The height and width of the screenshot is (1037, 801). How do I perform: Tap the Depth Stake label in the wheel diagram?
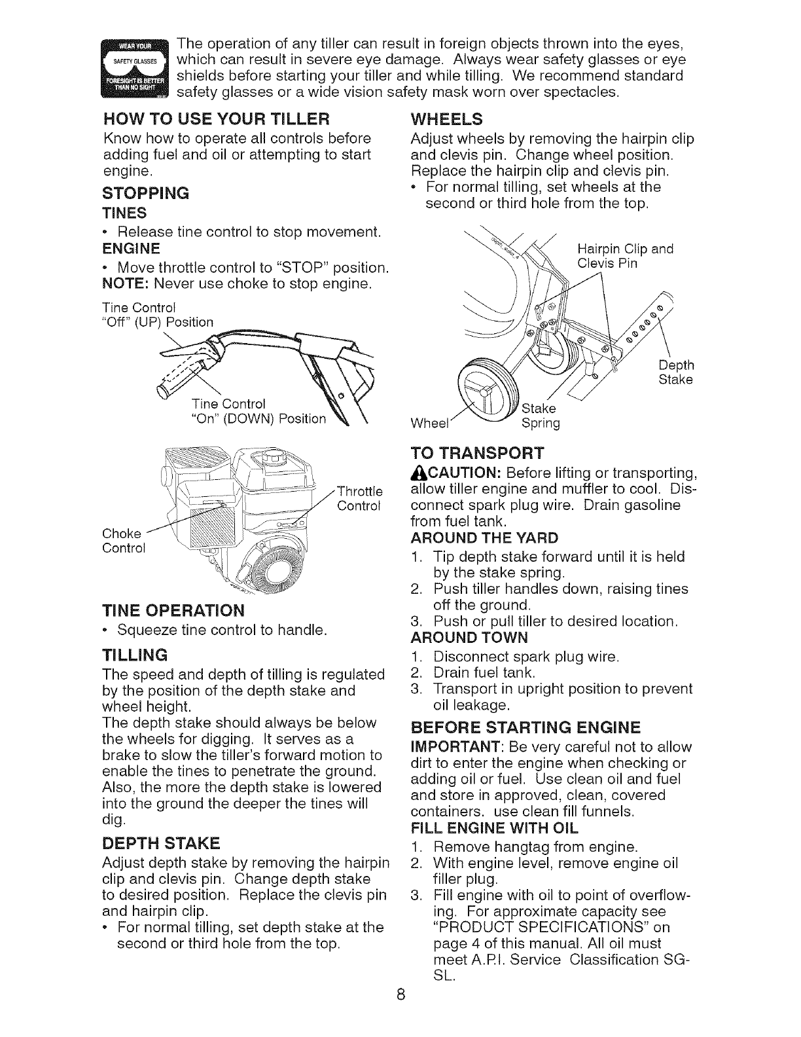[x=676, y=372]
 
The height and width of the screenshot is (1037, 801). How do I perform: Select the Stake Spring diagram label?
[x=541, y=416]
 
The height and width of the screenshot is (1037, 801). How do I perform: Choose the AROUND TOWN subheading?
[x=470, y=638]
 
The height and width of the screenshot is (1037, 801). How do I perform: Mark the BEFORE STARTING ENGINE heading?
[x=525, y=728]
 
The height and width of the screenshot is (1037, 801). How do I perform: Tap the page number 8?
[x=401, y=1013]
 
